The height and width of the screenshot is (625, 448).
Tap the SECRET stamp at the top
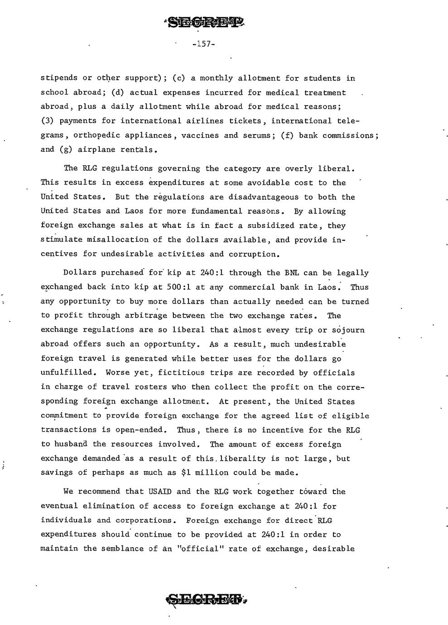pyautogui.click(x=202, y=22)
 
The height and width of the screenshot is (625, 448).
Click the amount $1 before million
pyautogui.click(x=186, y=472)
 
